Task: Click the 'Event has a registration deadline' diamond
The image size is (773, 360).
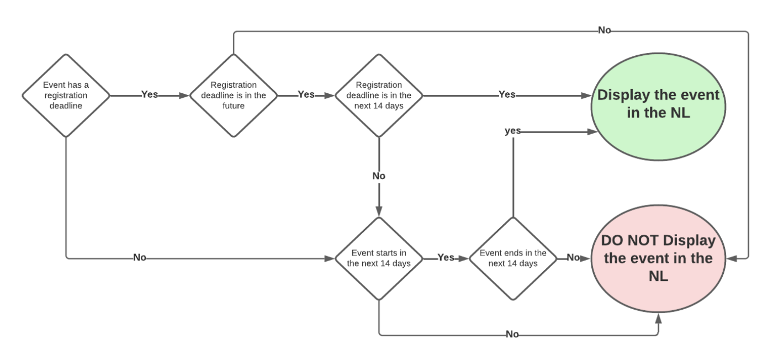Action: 66,96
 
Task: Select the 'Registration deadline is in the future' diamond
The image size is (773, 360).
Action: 234,96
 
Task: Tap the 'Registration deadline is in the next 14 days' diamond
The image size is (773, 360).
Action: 379,96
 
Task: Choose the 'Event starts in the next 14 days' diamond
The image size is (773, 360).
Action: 379,258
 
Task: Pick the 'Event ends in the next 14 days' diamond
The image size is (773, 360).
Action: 513,258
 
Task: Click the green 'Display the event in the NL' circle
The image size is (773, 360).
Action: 658,103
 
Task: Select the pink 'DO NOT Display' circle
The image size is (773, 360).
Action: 658,258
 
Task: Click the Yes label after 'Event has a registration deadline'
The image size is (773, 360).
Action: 149,94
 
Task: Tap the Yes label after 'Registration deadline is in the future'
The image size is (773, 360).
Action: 306,94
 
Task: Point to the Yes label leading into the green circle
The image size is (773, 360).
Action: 506,94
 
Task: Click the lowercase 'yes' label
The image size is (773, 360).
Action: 513,131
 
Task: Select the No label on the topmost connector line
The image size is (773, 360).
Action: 605,30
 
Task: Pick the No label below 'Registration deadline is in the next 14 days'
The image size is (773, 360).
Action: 379,176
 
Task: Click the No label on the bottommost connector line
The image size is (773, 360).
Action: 512,335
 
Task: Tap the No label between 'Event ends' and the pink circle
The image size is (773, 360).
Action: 573,257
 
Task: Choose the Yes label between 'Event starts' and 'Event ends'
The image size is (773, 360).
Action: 446,257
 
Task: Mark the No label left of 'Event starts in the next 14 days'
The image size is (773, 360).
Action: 140,257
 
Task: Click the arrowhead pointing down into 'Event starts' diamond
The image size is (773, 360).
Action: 379,211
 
